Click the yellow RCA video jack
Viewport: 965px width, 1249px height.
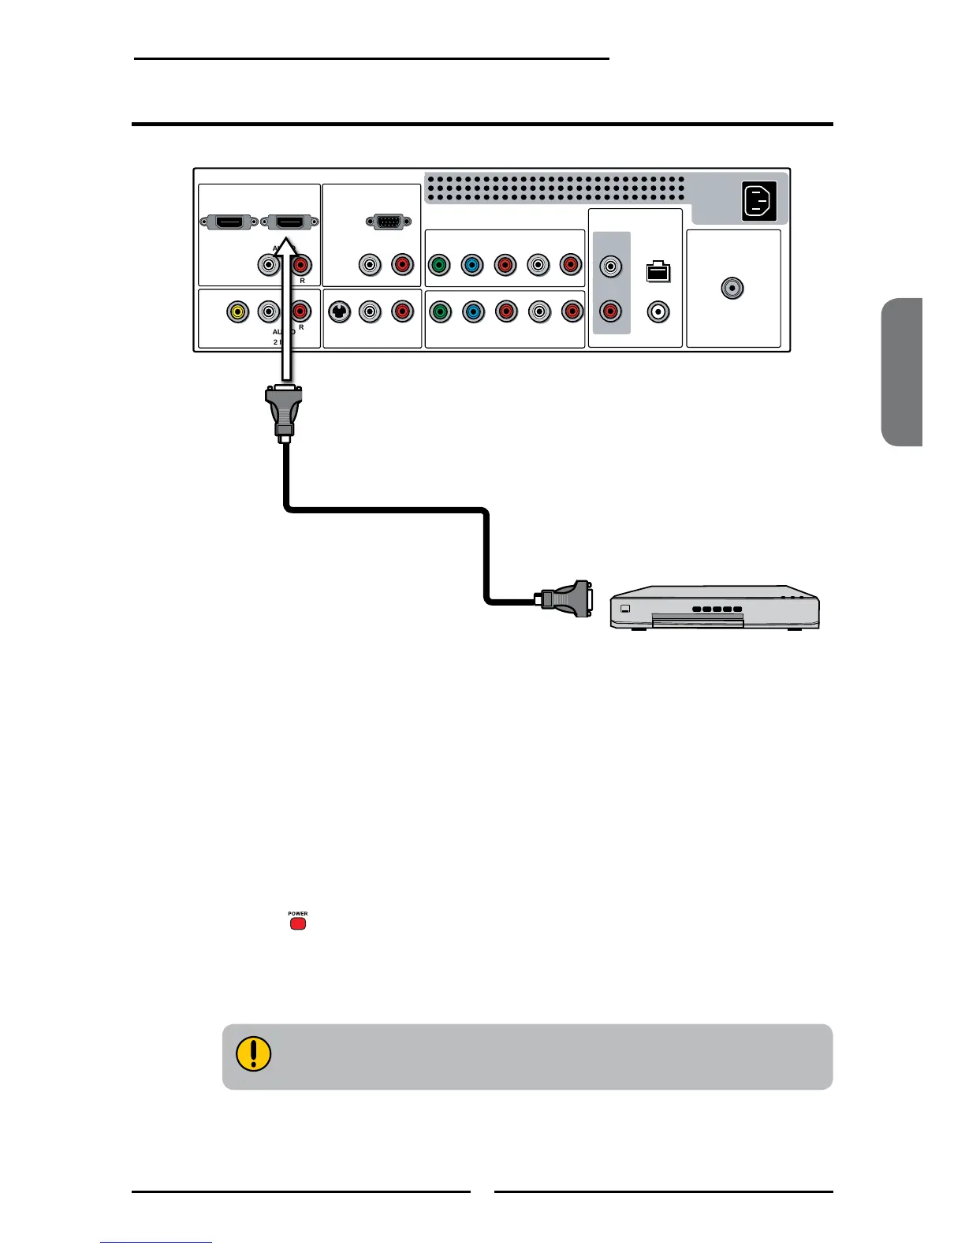237,311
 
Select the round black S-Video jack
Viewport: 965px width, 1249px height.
339,311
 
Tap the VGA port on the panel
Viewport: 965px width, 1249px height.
386,222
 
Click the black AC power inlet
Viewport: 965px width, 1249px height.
759,201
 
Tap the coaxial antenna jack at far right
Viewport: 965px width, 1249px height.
732,289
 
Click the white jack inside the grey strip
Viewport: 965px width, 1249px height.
610,267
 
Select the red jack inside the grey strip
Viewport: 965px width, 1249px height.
610,311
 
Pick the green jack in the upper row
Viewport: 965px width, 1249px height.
439,266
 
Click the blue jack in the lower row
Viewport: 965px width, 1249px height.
472,311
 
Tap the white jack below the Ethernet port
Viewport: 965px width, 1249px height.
658,312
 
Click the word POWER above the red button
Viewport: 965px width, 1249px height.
298,914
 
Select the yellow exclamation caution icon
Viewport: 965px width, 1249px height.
253,1053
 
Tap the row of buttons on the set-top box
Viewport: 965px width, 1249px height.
717,609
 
